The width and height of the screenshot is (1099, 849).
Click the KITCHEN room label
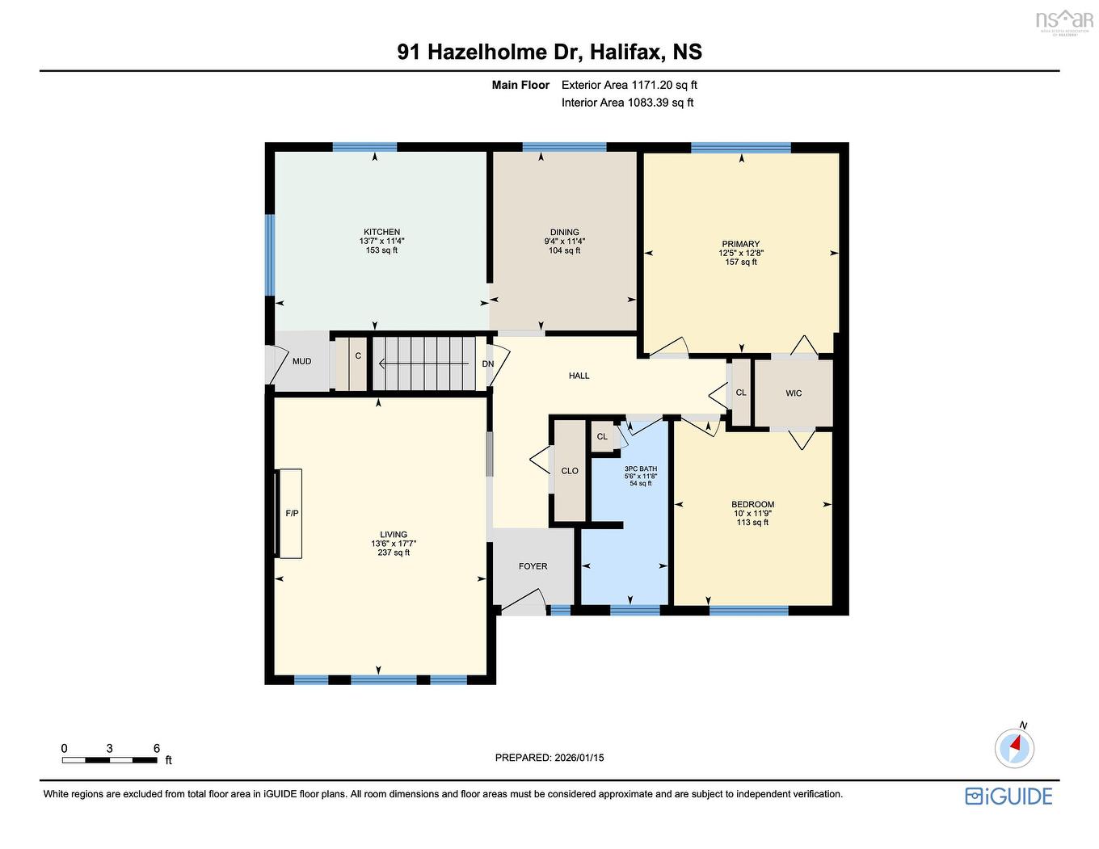tap(381, 232)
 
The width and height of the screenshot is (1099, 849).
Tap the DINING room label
tap(564, 232)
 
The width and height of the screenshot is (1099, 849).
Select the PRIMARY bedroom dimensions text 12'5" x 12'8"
tap(741, 253)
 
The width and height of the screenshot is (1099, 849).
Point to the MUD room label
tap(301, 361)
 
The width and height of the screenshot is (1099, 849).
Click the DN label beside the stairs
tap(488, 364)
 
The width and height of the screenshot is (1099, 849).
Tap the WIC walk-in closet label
tap(794, 393)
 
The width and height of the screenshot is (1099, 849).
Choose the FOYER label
tap(533, 566)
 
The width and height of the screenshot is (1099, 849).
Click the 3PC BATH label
tap(641, 469)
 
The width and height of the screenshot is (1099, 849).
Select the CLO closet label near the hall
tap(570, 471)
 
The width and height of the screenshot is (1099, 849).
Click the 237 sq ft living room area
tap(394, 553)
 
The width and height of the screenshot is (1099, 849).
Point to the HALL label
tap(579, 376)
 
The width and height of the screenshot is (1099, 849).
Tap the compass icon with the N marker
tap(1014, 747)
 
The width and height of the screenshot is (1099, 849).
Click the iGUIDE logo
tap(1008, 796)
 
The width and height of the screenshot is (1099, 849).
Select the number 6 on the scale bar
tap(156, 749)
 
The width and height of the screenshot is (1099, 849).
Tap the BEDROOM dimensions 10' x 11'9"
tap(752, 514)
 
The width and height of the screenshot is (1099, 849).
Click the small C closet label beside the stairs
tap(358, 355)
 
